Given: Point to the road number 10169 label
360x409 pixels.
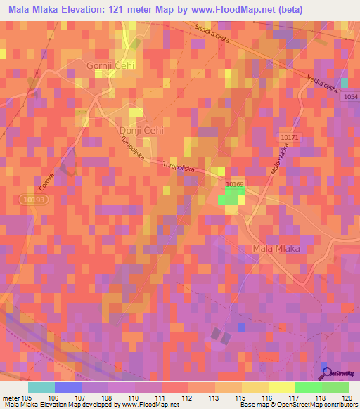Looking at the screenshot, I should coord(235,183).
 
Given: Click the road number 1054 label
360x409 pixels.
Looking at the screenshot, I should coord(351,96).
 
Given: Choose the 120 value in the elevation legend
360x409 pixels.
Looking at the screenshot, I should coord(346,397).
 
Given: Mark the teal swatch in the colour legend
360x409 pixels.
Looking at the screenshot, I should coord(41,387).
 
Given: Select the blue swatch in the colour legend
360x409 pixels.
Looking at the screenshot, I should coord(67,387).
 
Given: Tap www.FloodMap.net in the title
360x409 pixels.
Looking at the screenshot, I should coord(221,9).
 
